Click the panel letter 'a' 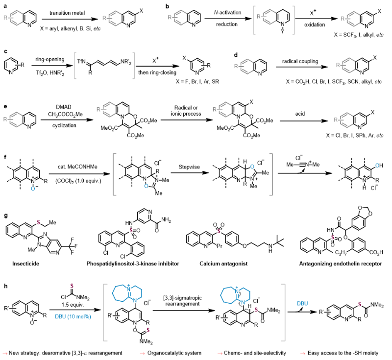(x=4, y=5)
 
